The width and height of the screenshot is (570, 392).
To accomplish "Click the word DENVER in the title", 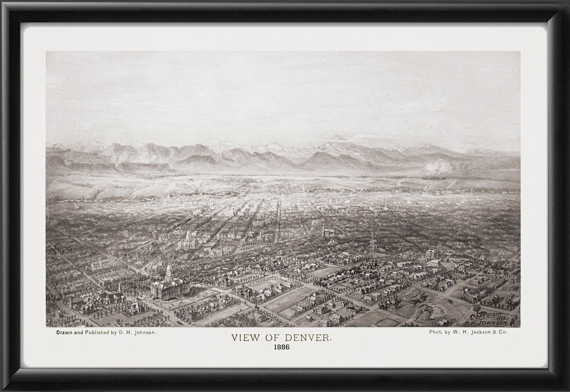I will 308,338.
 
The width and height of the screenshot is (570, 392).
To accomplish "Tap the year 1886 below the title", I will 281,347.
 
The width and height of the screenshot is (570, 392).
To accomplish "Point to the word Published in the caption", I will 100,332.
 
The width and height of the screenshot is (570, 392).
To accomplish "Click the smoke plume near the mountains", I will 437,168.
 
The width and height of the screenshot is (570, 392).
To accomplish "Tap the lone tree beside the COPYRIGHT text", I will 476,309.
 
